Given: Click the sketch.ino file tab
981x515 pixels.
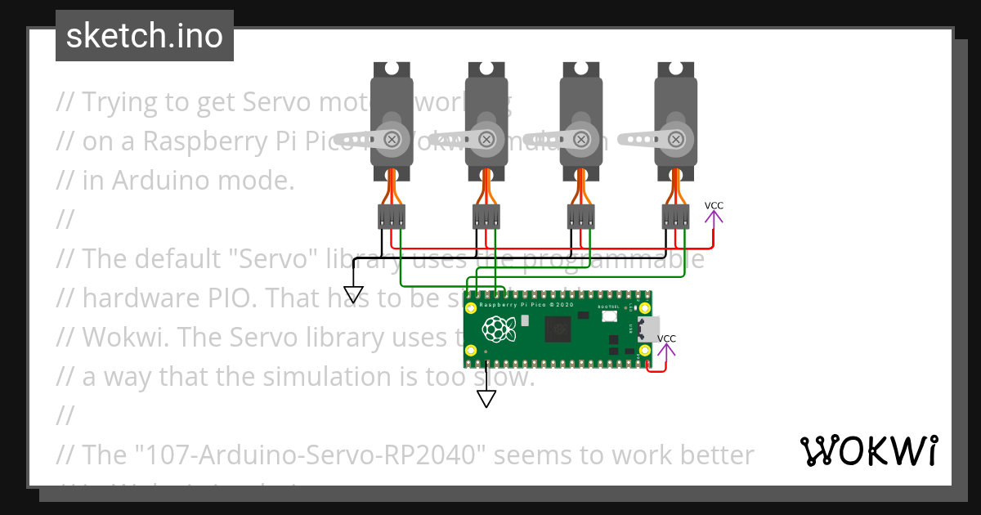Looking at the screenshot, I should pyautogui.click(x=144, y=36).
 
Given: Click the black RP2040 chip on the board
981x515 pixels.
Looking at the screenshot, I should pyautogui.click(x=558, y=329).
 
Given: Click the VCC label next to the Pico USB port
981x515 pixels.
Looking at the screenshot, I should pyautogui.click(x=667, y=338).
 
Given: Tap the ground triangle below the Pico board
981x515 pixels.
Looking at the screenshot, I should pyautogui.click(x=486, y=399).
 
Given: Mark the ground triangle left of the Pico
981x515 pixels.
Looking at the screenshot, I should pyautogui.click(x=353, y=295).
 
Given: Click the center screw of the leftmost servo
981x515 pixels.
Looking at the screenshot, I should pyautogui.click(x=393, y=139).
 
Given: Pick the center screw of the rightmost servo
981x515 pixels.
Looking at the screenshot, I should pyautogui.click(x=678, y=139).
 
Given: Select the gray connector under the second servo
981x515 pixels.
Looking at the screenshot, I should pyautogui.click(x=486, y=217).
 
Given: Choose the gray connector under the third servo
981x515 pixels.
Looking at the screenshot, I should pyautogui.click(x=581, y=217).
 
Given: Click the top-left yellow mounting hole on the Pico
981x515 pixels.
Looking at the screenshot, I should pyautogui.click(x=471, y=308).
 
